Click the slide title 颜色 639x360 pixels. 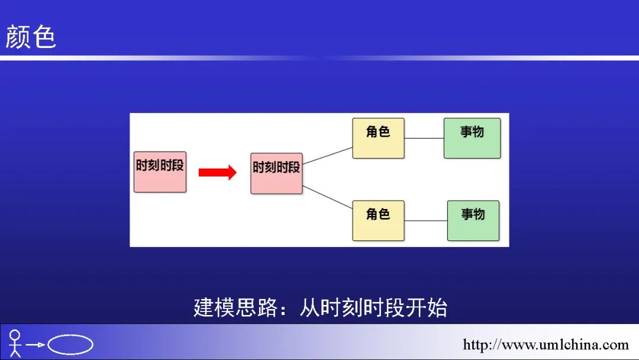coord(31,37)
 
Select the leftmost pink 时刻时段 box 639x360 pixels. coord(160,172)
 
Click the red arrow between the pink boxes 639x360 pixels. coord(217,172)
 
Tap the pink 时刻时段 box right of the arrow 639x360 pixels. coord(276,173)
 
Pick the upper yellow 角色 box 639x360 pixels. coord(378,138)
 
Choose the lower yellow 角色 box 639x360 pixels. coord(378,220)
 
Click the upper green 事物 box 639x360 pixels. coord(472,138)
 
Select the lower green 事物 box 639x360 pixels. coord(473,220)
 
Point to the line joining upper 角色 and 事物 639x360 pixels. coord(424,138)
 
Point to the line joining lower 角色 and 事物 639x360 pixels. coord(426,221)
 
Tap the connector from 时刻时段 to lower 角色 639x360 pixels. coord(328,198)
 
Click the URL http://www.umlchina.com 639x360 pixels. coord(546,345)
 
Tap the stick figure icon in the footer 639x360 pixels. coord(15,343)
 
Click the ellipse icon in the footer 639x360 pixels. coord(70,345)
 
